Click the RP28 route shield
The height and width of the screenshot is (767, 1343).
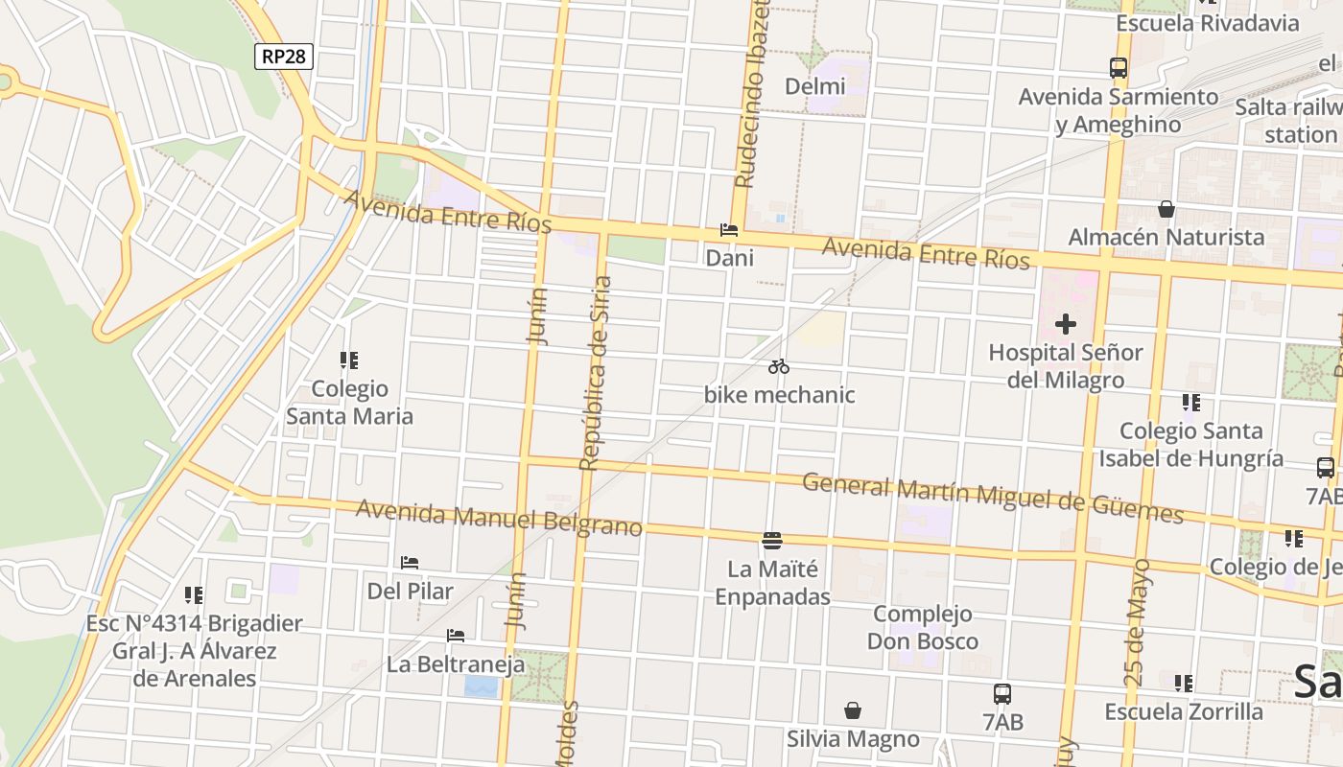284,57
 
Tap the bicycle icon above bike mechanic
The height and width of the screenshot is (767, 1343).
778,366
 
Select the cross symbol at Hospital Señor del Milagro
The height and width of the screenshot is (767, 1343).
1065,324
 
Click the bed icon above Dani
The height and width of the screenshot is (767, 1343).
729,231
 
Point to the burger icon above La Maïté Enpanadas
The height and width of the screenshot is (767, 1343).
772,541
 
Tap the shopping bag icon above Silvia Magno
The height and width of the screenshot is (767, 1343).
852,710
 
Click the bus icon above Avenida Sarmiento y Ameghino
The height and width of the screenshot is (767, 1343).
1118,68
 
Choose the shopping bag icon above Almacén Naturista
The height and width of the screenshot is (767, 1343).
1166,209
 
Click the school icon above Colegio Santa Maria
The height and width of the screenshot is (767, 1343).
348,360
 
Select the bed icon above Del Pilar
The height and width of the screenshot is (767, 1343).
410,563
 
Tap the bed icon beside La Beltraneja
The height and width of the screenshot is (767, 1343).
456,636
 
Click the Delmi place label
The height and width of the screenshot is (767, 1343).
815,86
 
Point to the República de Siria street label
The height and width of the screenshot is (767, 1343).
596,374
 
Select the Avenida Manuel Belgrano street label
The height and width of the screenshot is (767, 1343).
499,517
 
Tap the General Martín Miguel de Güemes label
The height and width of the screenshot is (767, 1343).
993,498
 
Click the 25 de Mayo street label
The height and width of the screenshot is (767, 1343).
1138,622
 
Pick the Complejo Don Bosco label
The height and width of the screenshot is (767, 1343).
923,627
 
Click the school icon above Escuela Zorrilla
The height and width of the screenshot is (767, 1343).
1183,684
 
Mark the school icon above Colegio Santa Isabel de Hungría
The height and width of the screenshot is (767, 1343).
1190,403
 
